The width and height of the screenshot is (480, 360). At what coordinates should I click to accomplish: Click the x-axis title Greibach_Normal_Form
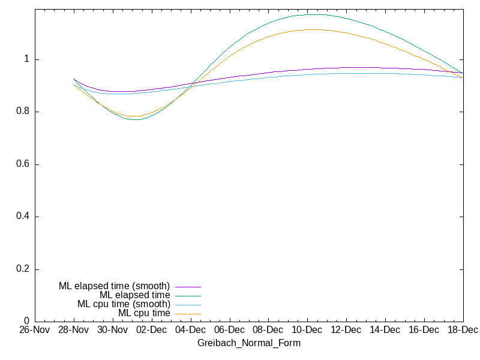pyautogui.click(x=249, y=343)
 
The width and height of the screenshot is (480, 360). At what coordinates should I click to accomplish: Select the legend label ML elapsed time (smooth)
pyautogui.click(x=114, y=286)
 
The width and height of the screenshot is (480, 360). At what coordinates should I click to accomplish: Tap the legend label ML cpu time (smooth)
pyautogui.click(x=124, y=304)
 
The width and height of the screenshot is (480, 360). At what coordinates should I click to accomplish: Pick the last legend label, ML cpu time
pyautogui.click(x=144, y=313)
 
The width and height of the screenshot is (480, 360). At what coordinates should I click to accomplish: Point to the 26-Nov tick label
pyautogui.click(x=34, y=330)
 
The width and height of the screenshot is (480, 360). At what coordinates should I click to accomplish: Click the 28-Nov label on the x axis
pyautogui.click(x=73, y=330)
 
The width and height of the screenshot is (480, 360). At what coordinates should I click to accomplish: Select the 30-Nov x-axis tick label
pyautogui.click(x=112, y=330)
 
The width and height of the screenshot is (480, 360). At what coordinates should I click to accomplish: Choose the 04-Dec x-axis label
pyautogui.click(x=190, y=330)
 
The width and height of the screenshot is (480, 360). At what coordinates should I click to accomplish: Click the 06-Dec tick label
pyautogui.click(x=229, y=330)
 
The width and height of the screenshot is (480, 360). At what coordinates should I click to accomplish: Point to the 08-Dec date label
pyautogui.click(x=268, y=330)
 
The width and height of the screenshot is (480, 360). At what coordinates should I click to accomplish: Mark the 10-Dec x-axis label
pyautogui.click(x=307, y=330)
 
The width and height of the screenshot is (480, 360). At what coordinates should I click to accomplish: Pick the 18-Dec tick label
pyautogui.click(x=463, y=330)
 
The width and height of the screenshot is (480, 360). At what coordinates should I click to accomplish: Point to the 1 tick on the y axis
pyautogui.click(x=27, y=59)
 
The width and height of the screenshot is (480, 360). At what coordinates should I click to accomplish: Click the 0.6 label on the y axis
pyautogui.click(x=22, y=164)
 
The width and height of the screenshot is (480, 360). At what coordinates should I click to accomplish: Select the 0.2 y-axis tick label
pyautogui.click(x=22, y=269)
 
